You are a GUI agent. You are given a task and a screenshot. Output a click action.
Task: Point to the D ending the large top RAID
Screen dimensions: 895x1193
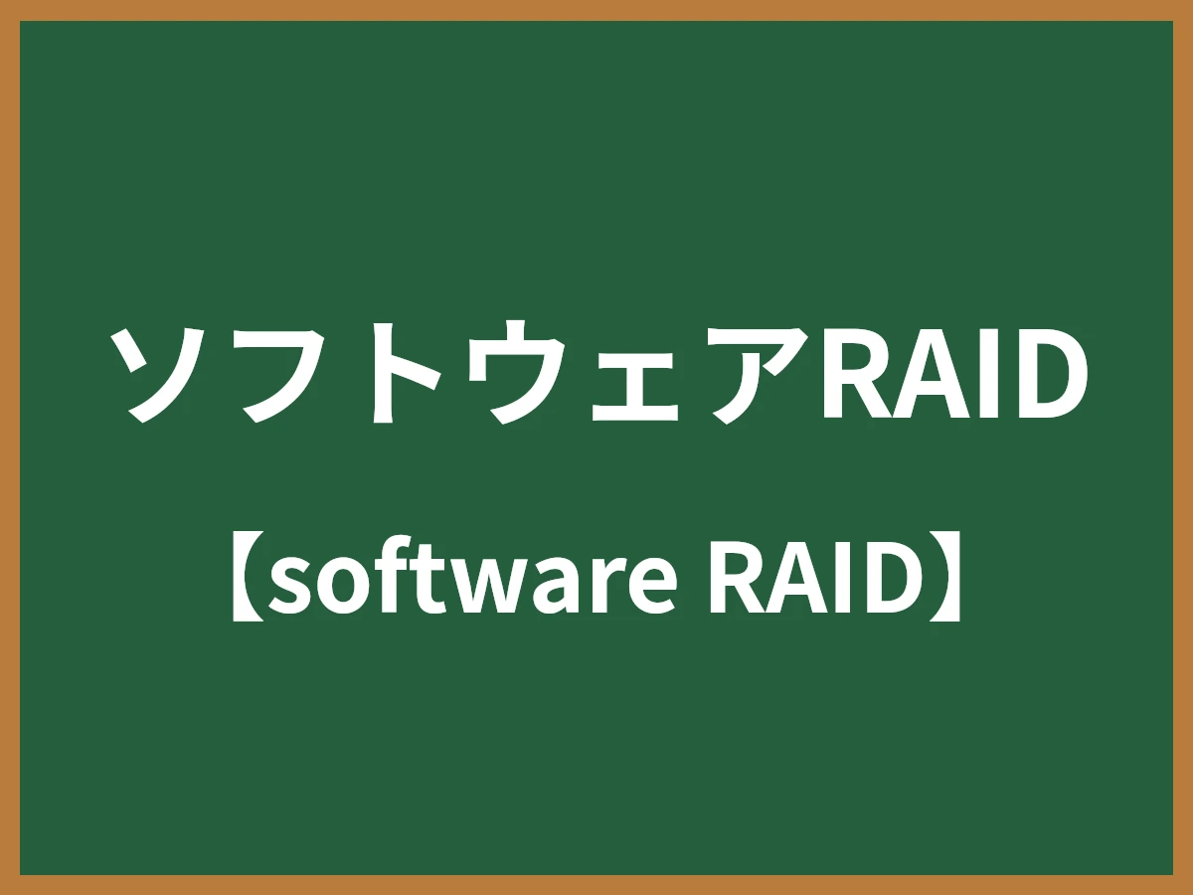(x=1043, y=371)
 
